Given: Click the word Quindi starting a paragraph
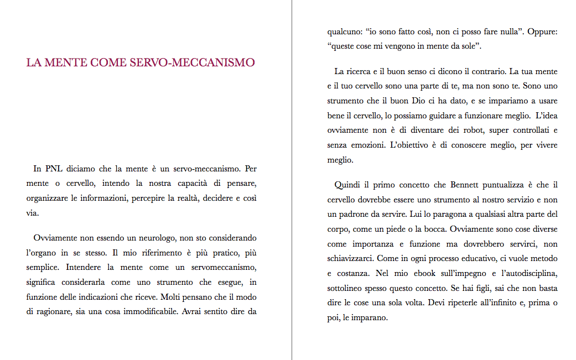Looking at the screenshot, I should click(x=347, y=185).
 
